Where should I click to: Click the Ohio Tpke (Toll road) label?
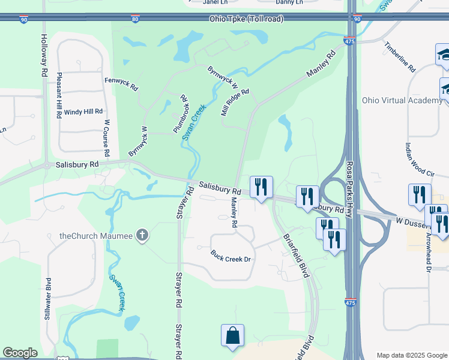(246, 19)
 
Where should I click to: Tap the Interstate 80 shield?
(136, 19)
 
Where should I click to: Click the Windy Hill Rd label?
(83, 112)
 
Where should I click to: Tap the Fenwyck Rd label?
(121, 83)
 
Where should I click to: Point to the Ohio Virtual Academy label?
(402, 100)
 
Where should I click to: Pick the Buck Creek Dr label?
(234, 256)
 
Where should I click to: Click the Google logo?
(20, 353)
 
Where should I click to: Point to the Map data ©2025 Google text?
(411, 355)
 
